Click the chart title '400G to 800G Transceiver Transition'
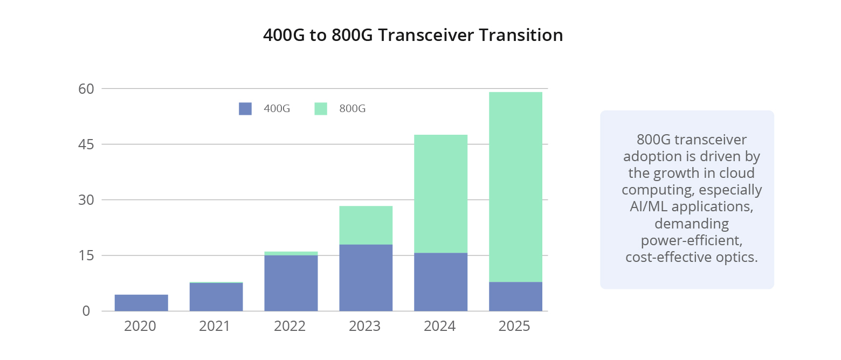413,35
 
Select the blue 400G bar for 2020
141,303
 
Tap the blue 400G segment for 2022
291,283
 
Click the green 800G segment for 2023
366,225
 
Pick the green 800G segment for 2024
440,193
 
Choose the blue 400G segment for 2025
515,296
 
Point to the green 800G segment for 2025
515,186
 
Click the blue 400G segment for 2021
216,297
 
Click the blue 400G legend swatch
245,109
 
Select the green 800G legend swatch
321,109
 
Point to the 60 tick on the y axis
87,88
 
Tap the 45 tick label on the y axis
87,144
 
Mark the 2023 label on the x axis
366,326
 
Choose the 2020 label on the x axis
140,326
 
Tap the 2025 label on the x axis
515,326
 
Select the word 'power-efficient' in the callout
687,240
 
